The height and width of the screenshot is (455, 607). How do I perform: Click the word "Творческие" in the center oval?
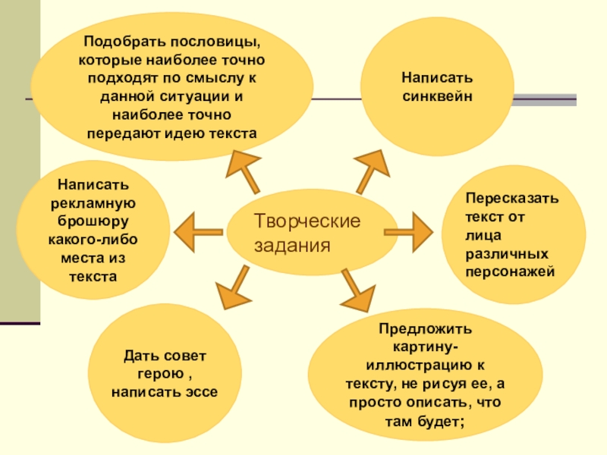(306, 221)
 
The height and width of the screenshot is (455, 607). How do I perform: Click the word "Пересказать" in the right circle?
(512, 199)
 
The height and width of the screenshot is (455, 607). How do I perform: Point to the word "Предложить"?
(425, 328)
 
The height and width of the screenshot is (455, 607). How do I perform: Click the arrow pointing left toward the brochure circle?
(197, 228)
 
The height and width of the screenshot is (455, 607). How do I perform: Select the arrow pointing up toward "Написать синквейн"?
(370, 168)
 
